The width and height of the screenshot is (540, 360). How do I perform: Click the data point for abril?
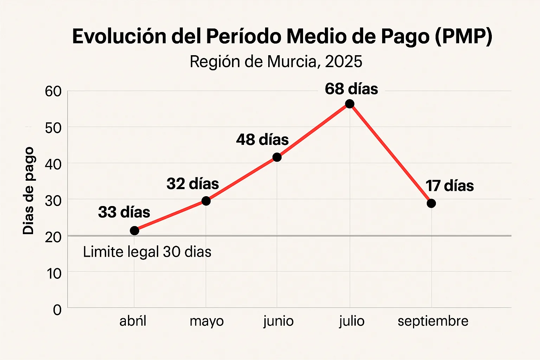click(x=134, y=231)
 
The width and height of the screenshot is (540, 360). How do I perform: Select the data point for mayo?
click(x=206, y=201)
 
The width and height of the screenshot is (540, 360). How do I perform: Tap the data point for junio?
click(x=277, y=157)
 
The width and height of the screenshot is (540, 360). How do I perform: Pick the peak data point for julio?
click(x=349, y=104)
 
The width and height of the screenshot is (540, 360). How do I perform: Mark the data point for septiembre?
click(x=431, y=203)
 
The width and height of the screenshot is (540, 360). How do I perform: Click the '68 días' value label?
click(x=351, y=89)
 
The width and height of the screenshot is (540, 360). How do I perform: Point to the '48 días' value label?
click(x=262, y=140)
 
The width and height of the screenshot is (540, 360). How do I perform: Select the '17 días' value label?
click(x=450, y=186)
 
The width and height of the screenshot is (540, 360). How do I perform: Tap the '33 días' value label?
click(x=124, y=212)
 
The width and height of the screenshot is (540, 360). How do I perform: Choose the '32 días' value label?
click(x=193, y=184)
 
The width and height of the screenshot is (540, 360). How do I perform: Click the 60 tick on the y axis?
click(x=53, y=91)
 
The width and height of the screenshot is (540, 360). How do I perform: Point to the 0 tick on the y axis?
click(x=57, y=310)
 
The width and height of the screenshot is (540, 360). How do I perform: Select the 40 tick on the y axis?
click(x=53, y=164)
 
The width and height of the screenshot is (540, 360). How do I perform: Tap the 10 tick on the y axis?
click(x=54, y=274)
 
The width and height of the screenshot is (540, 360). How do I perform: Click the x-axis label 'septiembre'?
click(x=433, y=321)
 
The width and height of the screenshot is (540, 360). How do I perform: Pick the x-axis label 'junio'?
click(x=278, y=321)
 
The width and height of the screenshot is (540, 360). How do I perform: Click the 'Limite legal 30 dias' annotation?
click(x=147, y=252)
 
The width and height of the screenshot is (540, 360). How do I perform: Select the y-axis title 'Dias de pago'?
click(x=28, y=191)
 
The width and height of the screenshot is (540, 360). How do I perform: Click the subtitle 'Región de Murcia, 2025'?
click(x=276, y=62)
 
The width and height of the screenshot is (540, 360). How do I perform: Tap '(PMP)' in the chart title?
click(x=463, y=36)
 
